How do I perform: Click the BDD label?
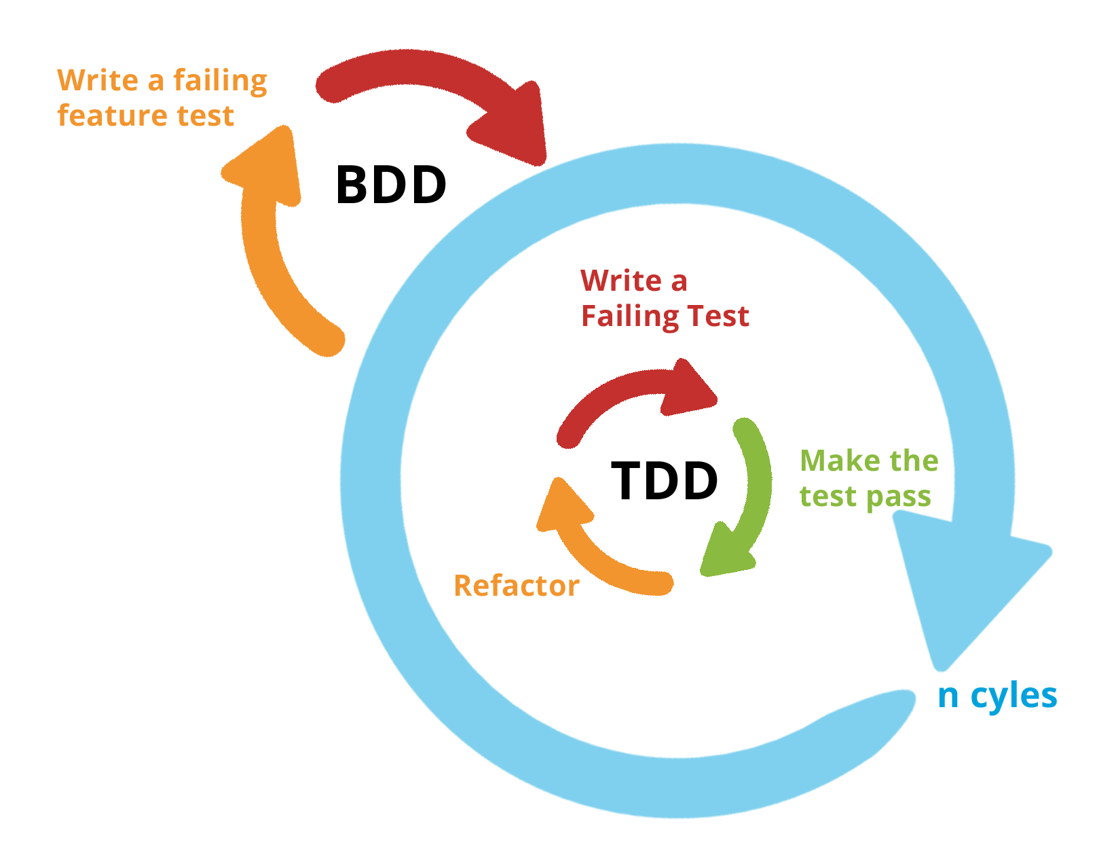[x=391, y=185]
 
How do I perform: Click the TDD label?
[x=665, y=481]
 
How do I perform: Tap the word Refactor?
[x=516, y=586]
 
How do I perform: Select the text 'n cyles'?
[x=997, y=696]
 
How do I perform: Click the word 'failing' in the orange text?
[x=220, y=82]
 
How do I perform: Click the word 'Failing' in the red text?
[x=629, y=317]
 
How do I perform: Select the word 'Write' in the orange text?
[x=98, y=80]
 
